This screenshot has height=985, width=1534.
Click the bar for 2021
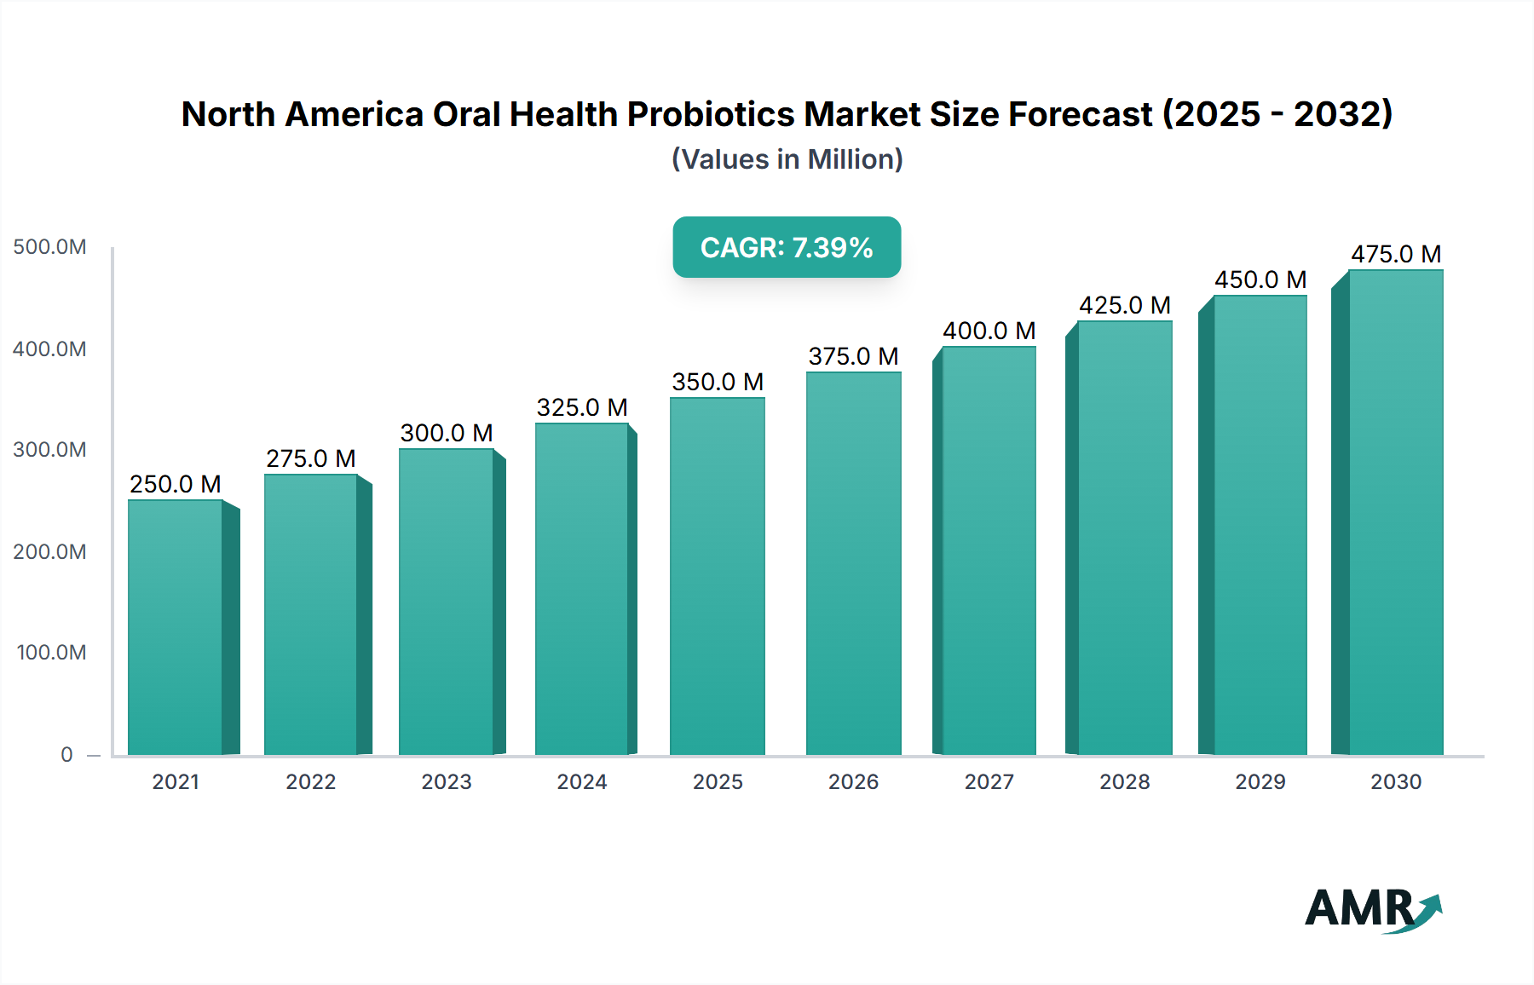(176, 627)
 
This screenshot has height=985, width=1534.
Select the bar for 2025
(718, 576)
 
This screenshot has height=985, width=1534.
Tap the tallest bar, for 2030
(1395, 512)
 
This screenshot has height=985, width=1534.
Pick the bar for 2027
(989, 550)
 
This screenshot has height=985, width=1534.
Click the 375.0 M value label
(853, 356)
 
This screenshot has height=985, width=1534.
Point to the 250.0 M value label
(176, 484)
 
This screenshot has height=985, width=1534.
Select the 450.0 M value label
(1260, 279)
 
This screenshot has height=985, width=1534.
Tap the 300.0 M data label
(447, 433)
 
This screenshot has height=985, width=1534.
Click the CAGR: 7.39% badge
(787, 247)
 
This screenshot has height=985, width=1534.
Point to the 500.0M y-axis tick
(49, 247)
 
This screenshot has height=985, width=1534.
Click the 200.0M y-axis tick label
(49, 552)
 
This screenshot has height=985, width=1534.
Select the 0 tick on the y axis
(66, 755)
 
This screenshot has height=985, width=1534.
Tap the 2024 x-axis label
(582, 782)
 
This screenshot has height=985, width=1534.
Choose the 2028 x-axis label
(1125, 782)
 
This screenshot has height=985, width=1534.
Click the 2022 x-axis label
(311, 782)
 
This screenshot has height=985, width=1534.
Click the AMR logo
(1373, 909)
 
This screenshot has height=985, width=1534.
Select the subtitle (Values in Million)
(787, 159)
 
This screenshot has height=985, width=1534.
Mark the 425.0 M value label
(1125, 305)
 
